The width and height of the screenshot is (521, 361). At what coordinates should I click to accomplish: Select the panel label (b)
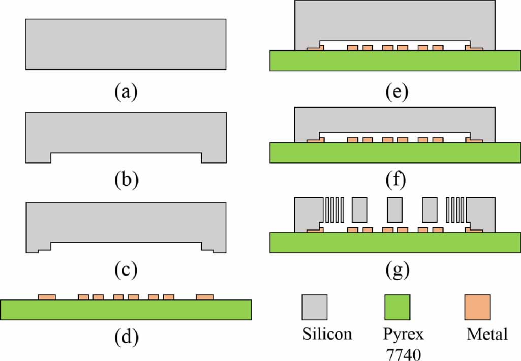[x=126, y=180]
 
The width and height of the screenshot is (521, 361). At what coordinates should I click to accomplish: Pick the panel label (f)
[x=394, y=180]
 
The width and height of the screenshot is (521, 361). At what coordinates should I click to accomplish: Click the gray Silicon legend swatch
[x=315, y=307]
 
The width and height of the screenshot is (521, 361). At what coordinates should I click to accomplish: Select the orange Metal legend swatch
[x=478, y=307]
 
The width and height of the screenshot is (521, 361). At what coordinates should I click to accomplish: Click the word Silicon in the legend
[x=327, y=335]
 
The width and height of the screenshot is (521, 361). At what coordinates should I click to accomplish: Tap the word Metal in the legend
[x=486, y=335]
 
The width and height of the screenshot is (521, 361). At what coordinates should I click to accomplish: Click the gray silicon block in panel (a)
[x=126, y=44]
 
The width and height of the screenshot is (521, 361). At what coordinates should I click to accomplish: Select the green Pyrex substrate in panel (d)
[x=126, y=310]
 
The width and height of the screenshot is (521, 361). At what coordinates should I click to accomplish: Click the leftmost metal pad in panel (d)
[x=47, y=296]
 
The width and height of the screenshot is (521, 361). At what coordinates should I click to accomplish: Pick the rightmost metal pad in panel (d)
[x=205, y=296]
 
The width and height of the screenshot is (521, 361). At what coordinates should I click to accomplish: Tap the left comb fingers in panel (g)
[x=333, y=209]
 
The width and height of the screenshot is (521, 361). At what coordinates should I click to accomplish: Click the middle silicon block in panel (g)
[x=394, y=209]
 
